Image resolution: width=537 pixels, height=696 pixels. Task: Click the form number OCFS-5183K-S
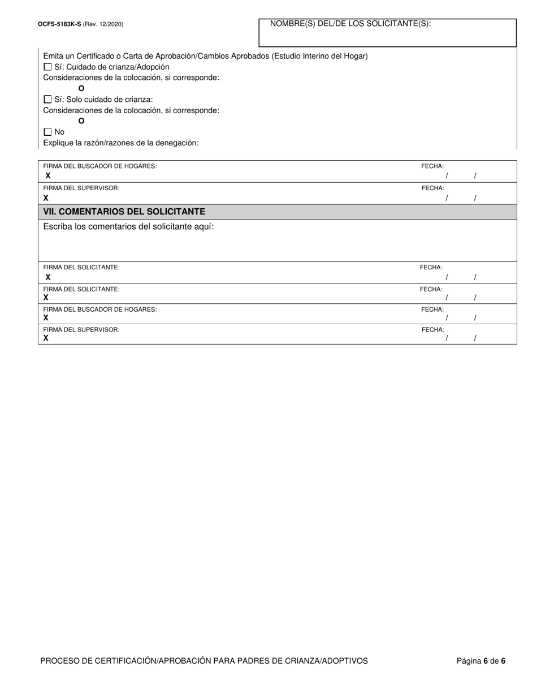(x=59, y=24)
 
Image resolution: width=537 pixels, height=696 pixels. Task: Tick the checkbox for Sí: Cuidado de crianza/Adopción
(x=47, y=67)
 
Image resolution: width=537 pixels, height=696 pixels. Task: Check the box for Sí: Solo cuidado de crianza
(x=47, y=100)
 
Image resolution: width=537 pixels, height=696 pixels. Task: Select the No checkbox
(x=47, y=132)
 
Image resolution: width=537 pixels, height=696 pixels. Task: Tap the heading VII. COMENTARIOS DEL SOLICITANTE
(x=124, y=212)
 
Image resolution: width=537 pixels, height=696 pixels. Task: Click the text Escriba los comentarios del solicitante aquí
(x=128, y=227)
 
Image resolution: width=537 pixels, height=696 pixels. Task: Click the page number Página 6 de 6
(x=481, y=661)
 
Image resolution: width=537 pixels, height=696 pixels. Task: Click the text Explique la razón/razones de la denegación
(x=121, y=143)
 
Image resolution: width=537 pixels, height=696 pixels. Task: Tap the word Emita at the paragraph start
(x=54, y=56)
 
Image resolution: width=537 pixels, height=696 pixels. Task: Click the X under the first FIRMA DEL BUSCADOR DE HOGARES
(x=48, y=176)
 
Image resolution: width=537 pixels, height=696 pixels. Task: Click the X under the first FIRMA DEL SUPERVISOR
(x=46, y=198)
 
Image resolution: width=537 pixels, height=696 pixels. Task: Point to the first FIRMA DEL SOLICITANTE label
(x=81, y=267)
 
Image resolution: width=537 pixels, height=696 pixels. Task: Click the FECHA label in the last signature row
(x=432, y=330)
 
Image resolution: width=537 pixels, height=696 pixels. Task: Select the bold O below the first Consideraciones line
(x=81, y=89)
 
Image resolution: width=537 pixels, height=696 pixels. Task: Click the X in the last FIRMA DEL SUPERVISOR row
(x=46, y=338)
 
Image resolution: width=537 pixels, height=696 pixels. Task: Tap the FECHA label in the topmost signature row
(x=432, y=166)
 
